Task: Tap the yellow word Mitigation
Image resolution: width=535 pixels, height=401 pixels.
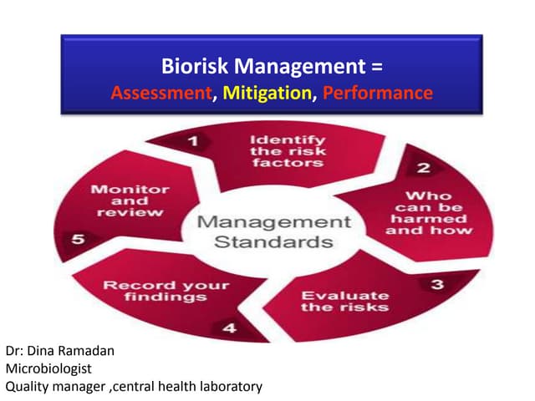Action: click(265, 92)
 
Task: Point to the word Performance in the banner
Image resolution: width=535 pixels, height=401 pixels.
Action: click(377, 92)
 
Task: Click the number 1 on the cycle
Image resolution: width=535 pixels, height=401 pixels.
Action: click(191, 142)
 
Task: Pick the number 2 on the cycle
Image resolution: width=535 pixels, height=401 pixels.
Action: click(424, 169)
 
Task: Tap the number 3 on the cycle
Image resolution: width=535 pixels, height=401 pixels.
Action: click(436, 286)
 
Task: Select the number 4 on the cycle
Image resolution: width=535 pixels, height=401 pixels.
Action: click(227, 327)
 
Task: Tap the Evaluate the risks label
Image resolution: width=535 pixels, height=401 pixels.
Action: click(333, 301)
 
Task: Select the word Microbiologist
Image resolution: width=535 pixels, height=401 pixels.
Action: click(47, 368)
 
